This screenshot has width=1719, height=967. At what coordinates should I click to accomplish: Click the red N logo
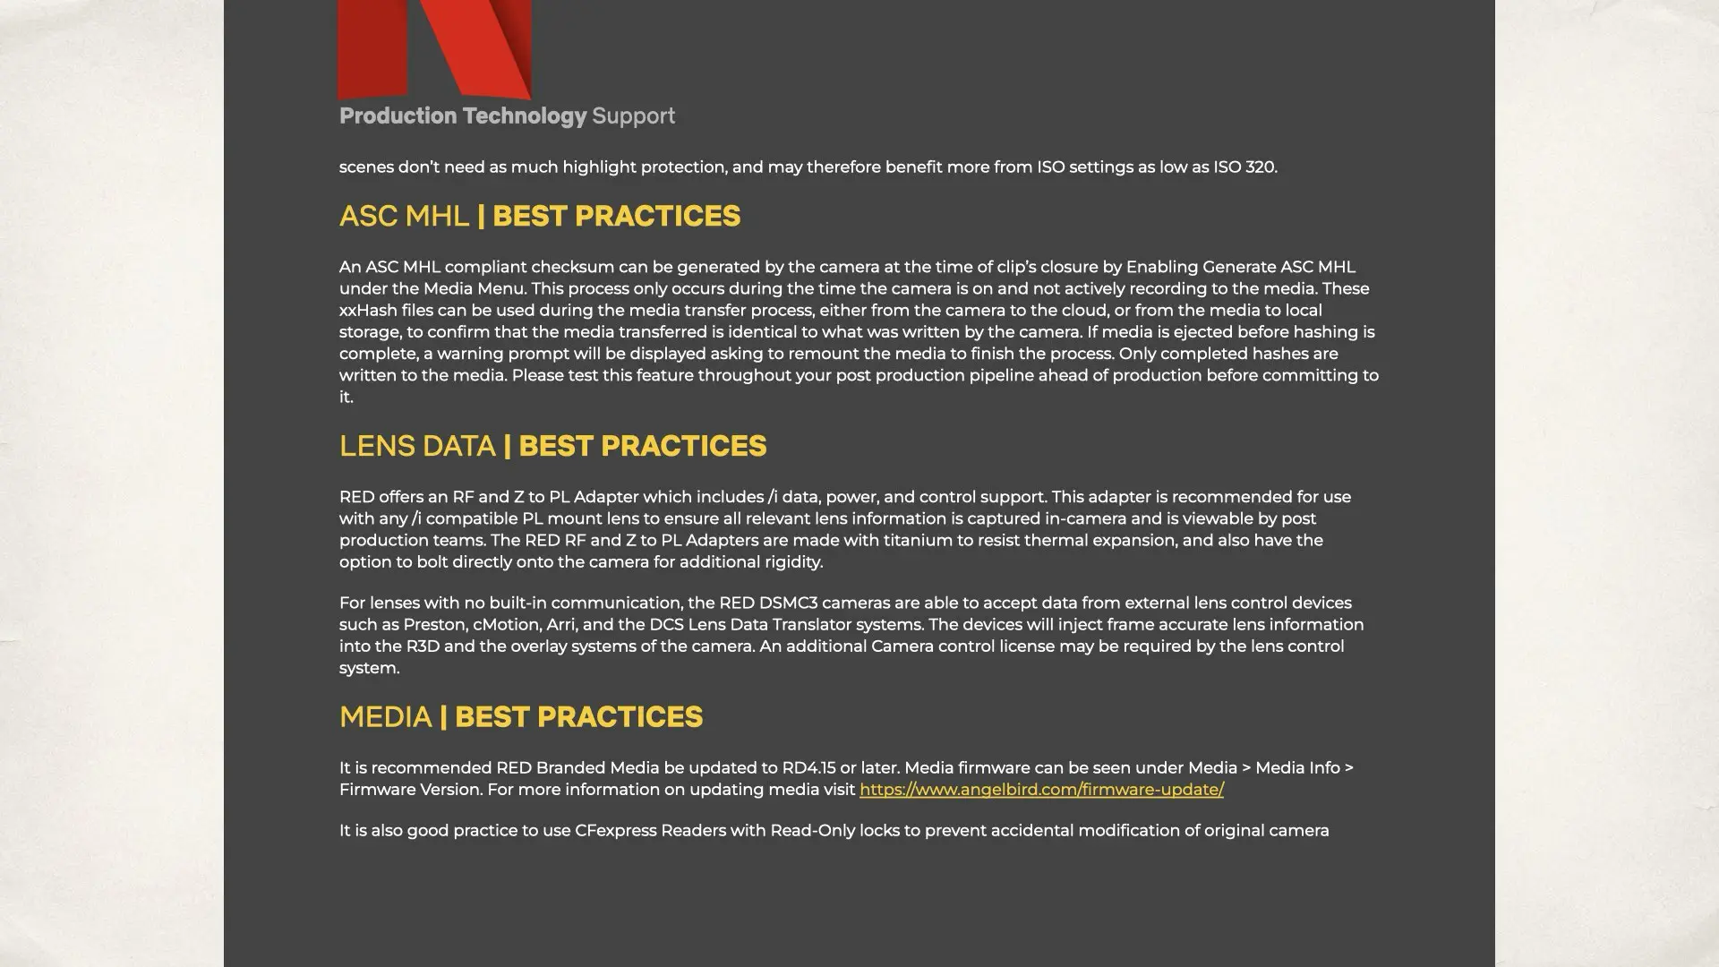pyautogui.click(x=434, y=49)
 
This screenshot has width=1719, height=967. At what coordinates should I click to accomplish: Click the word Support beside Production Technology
pyautogui.click(x=634, y=116)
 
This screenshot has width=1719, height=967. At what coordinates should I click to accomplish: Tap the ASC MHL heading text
pyautogui.click(x=404, y=217)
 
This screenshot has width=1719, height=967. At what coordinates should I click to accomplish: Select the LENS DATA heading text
pyautogui.click(x=417, y=447)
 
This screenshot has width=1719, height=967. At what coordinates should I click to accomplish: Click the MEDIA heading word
pyautogui.click(x=385, y=717)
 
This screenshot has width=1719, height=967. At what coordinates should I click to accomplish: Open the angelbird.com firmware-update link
pyautogui.click(x=1041, y=790)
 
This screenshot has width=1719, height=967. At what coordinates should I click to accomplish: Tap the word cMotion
pyautogui.click(x=506, y=625)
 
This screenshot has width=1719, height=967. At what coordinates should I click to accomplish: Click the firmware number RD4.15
pyautogui.click(x=808, y=768)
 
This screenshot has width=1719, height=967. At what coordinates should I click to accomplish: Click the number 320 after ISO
pyautogui.click(x=1261, y=167)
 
